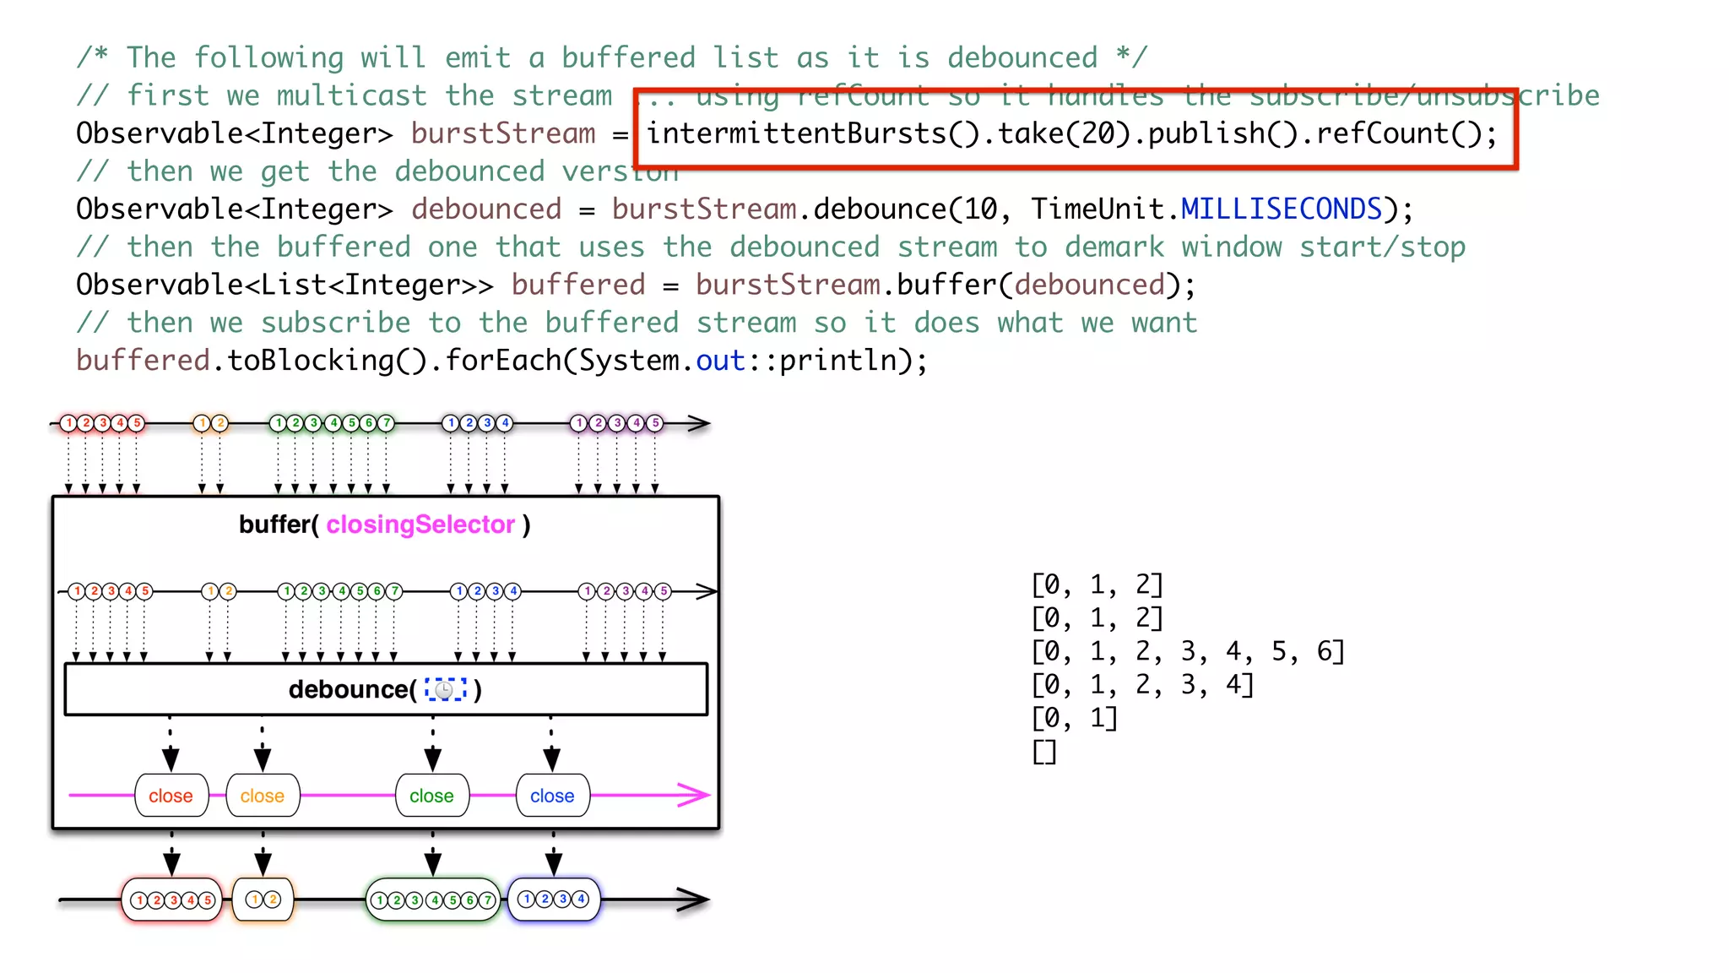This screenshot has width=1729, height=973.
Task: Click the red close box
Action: pos(171,796)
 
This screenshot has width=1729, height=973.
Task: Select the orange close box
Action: pos(263,796)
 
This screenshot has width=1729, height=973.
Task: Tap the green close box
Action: pos(431,796)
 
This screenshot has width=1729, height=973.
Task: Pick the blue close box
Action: pos(552,796)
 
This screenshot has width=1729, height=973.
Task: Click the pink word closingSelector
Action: pos(420,525)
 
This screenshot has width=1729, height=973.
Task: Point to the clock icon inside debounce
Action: pos(445,690)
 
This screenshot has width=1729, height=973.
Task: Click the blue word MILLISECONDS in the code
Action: pos(1281,209)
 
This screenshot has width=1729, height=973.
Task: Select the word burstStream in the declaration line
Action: pos(503,133)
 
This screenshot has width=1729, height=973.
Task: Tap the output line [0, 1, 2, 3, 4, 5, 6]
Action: pos(1187,651)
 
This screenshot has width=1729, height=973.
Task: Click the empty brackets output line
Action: pos(1044,752)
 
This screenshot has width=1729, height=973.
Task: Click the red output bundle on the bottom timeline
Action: pos(172,900)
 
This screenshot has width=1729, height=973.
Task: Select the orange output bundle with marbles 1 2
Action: pos(263,900)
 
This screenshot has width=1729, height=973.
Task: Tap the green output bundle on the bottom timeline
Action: pos(433,900)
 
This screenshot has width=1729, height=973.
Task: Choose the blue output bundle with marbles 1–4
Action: pos(554,900)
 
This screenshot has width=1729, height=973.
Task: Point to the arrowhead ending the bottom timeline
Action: pos(694,900)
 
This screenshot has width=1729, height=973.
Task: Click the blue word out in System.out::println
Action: pos(720,361)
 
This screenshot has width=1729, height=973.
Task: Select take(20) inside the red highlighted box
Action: pos(1062,133)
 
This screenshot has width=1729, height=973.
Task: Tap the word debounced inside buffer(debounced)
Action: pos(1089,285)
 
